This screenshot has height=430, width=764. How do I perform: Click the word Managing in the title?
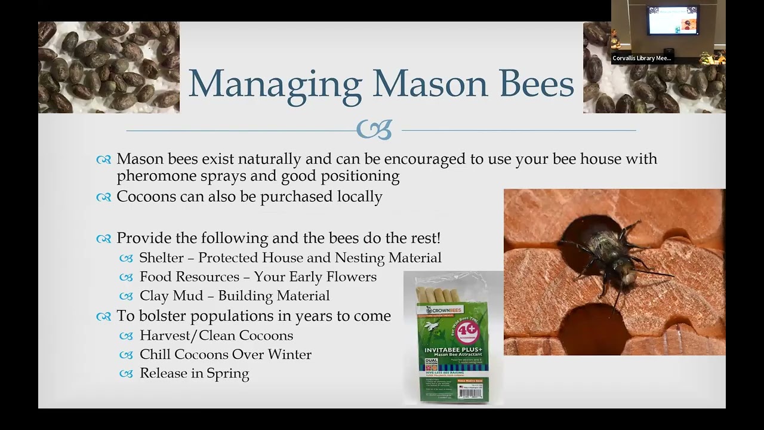point(275,84)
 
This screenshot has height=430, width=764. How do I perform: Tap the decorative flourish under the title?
point(374,130)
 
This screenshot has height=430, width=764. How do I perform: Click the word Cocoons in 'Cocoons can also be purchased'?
point(145,196)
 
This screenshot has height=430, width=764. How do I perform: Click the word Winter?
point(289,355)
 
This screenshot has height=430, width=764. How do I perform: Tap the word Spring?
point(227,374)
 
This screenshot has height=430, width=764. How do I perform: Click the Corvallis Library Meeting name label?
point(642,58)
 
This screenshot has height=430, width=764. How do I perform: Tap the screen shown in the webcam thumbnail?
point(672,21)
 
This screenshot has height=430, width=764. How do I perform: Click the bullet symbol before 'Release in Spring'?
point(126,374)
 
